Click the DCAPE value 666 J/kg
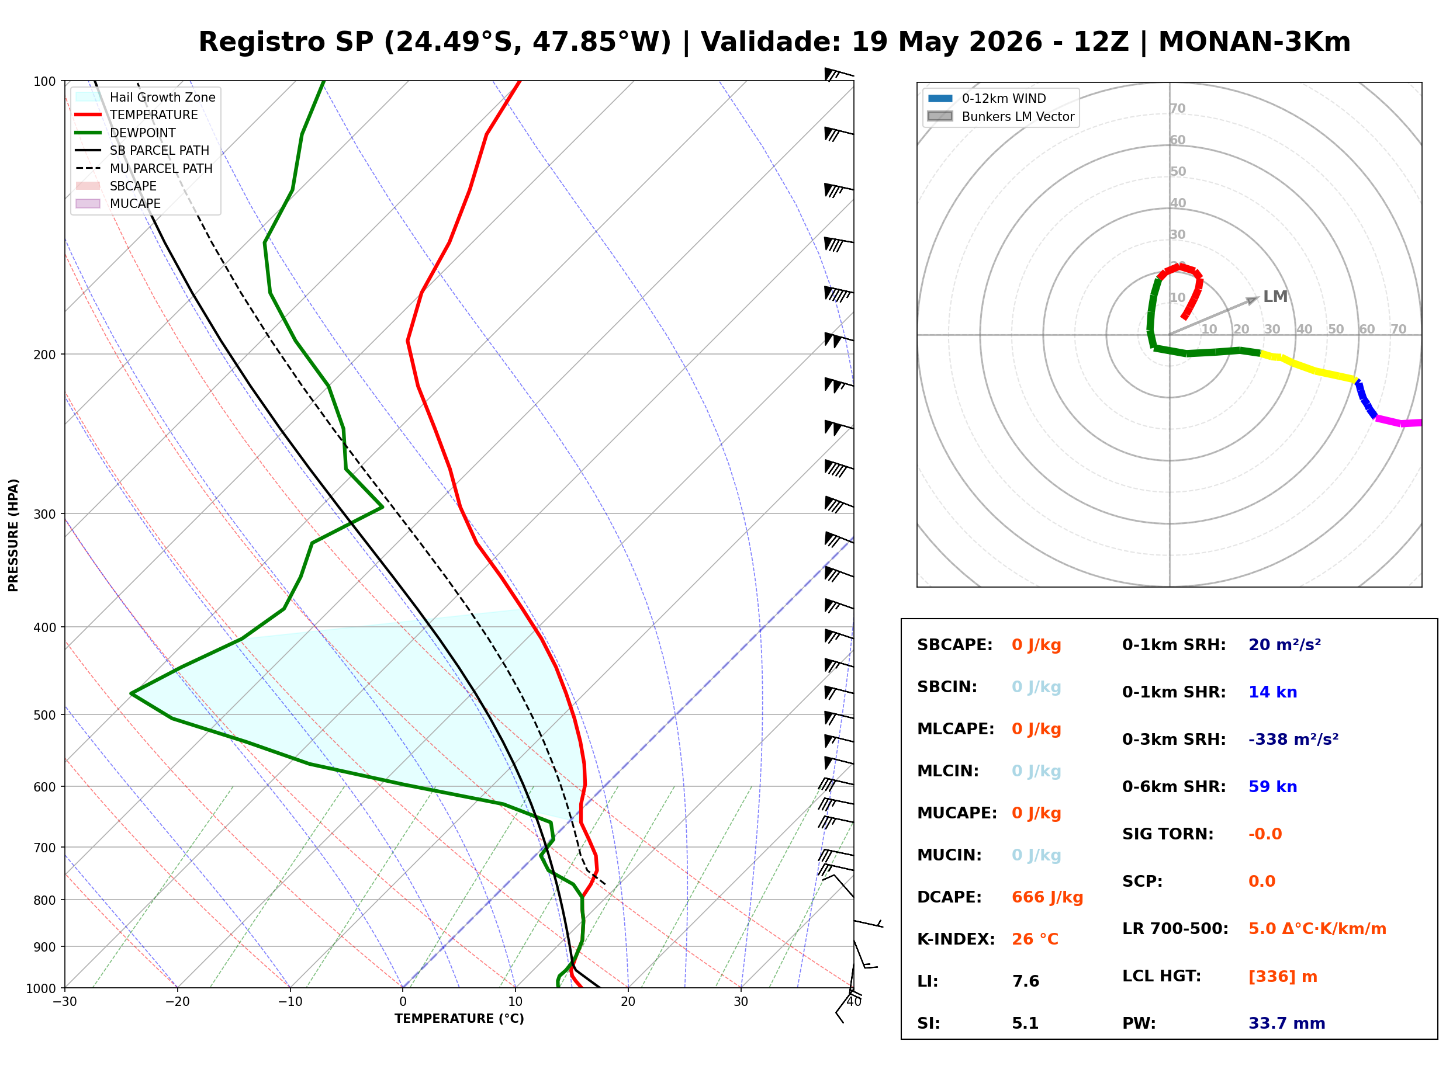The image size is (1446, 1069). pos(1047,897)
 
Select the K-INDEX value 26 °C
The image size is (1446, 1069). pos(1035,939)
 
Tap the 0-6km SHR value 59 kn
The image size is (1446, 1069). pos(1272,787)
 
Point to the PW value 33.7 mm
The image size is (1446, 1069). pos(1287,1023)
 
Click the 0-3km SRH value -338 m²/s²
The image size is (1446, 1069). pos(1293,739)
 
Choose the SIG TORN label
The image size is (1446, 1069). pos(1168,834)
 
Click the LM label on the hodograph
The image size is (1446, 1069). pos(1275,296)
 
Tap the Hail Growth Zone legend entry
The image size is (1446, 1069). pos(146,97)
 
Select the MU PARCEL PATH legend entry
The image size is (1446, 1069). pos(144,168)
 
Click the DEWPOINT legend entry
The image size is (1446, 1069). pos(126,133)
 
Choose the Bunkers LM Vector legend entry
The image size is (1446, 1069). pos(1001,116)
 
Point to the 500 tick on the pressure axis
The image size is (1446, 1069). pos(46,715)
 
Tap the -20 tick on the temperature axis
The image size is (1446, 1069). pos(177,1002)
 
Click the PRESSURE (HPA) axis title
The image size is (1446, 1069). pos(13,534)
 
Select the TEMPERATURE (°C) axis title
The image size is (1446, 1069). pos(459,1019)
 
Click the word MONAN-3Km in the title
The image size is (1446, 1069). pos(1254,42)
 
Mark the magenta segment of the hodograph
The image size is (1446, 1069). pos(1399,421)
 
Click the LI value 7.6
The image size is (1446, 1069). pos(1025,981)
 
